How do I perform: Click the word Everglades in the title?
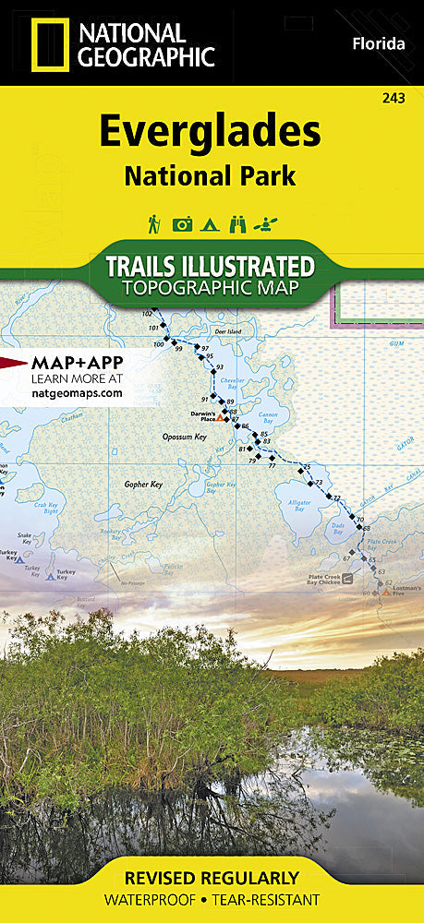pyautogui.click(x=210, y=134)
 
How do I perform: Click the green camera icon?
pyautogui.click(x=183, y=223)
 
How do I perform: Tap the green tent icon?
pyautogui.click(x=211, y=223)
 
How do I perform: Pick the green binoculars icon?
pyautogui.click(x=238, y=223)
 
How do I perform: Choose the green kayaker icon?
pyautogui.click(x=267, y=223)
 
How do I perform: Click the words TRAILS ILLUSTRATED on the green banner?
pyautogui.click(x=211, y=266)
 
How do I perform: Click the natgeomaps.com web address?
pyautogui.click(x=64, y=392)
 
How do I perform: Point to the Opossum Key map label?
pyautogui.click(x=156, y=436)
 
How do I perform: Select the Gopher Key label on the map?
pyautogui.click(x=143, y=484)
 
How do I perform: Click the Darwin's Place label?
pyautogui.click(x=202, y=415)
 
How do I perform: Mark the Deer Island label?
pyautogui.click(x=226, y=331)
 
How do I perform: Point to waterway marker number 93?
pyautogui.click(x=220, y=367)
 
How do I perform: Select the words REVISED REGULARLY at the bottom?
pyautogui.click(x=212, y=878)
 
